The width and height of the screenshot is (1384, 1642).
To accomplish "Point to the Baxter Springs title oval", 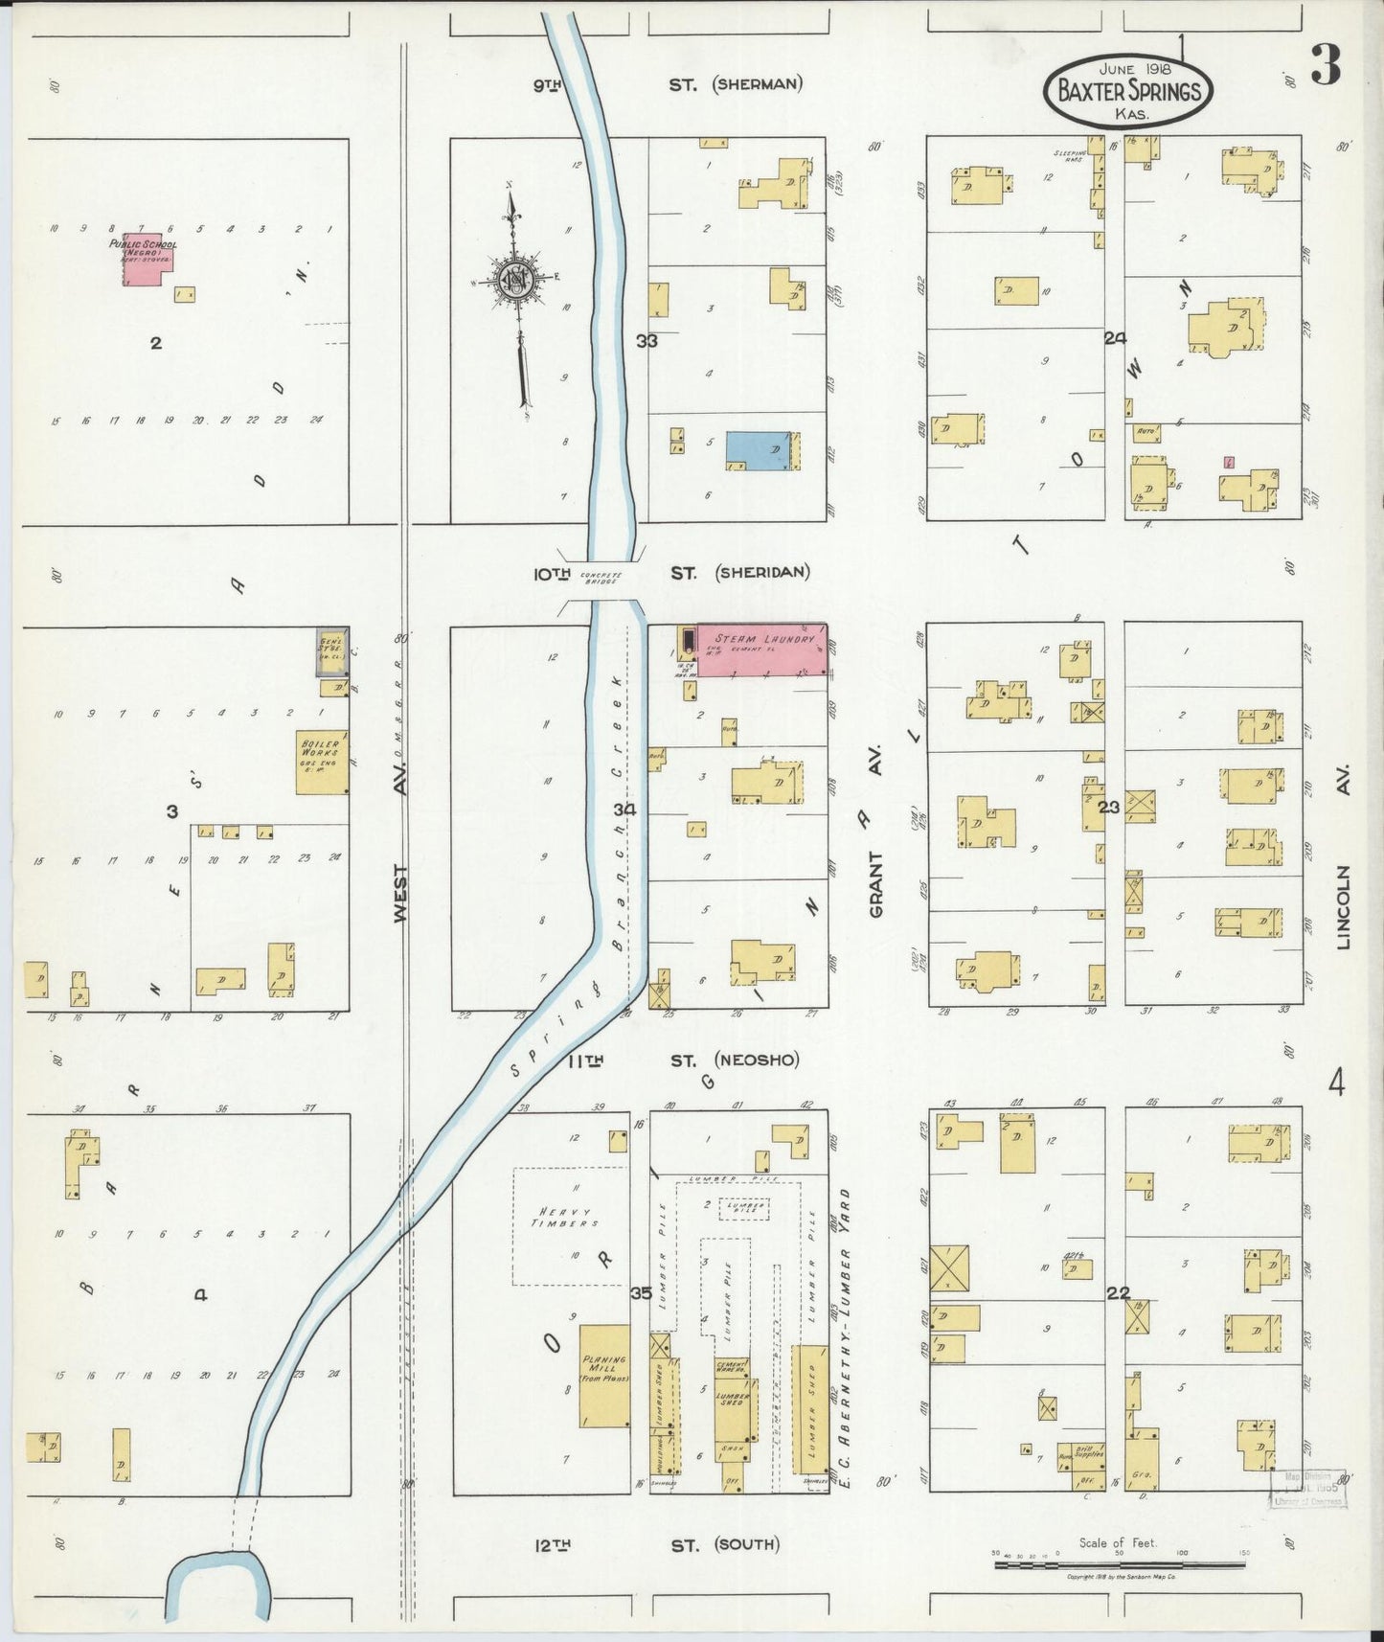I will pos(1128,92).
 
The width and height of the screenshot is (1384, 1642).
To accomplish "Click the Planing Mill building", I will pos(604,1377).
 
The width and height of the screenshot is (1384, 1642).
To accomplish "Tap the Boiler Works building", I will pos(321,763).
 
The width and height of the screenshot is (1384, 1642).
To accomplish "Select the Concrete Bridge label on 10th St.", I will pos(600,579).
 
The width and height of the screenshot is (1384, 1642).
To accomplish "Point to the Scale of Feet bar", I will pos(1119,1564).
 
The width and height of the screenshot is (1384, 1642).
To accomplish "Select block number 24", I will pos(1114,337).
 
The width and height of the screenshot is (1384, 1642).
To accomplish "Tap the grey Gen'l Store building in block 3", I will pos(332,651).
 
